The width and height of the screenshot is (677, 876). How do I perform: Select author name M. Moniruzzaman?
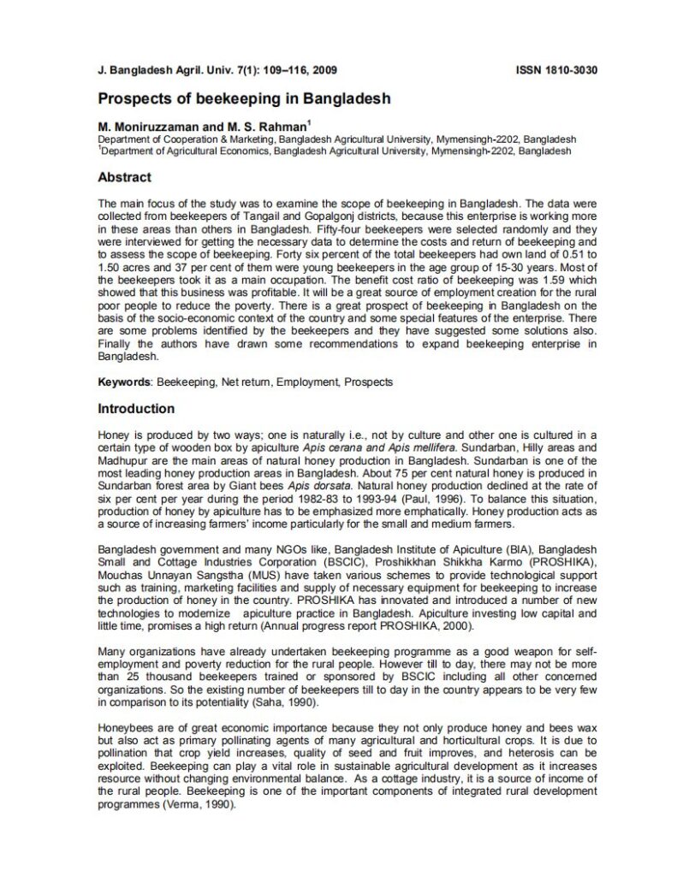pos(148,127)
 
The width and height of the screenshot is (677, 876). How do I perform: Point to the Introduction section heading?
pos(136,409)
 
